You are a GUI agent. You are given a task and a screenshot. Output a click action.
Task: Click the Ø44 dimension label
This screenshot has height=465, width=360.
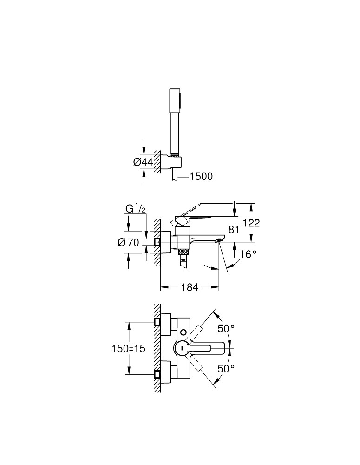coord(143,162)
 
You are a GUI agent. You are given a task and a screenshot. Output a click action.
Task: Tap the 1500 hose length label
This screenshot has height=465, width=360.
coord(201,176)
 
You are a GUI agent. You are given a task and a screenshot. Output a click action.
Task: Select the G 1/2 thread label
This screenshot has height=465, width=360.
coord(136,209)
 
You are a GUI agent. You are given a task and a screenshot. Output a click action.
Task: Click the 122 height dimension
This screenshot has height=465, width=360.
coord(251,223)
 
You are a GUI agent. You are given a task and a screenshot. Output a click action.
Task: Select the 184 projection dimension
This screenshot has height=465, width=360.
coord(190,288)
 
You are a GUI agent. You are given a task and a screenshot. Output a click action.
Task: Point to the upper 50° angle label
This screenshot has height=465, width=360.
coord(226,328)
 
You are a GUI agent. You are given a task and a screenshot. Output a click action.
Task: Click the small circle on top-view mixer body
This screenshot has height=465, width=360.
coord(185,332)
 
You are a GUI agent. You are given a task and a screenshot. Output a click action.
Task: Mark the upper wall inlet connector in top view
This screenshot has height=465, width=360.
coord(158,322)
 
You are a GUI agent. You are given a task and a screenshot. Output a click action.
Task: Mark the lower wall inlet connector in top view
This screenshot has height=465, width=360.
coord(158,373)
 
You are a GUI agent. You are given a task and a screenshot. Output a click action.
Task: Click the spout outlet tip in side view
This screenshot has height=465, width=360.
coord(217,241)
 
